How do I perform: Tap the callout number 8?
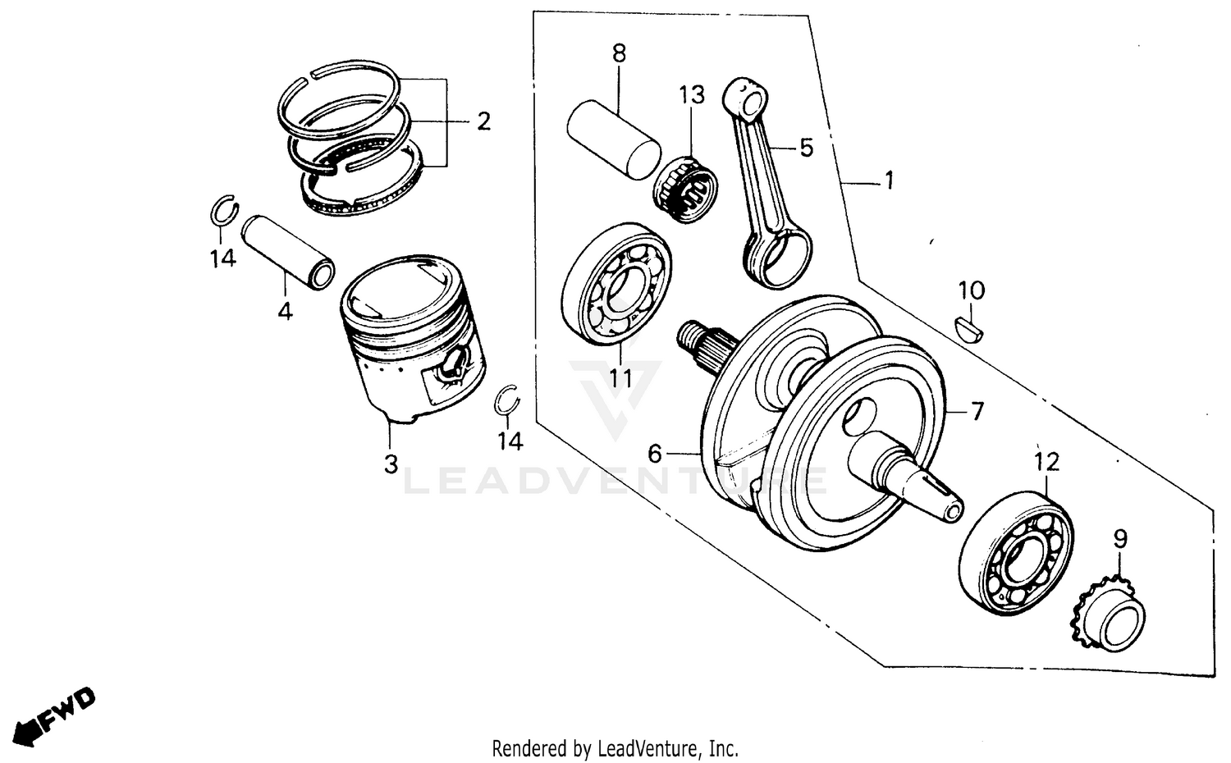click(x=619, y=54)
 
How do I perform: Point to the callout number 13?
click(x=692, y=94)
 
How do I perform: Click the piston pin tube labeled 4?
click(x=287, y=250)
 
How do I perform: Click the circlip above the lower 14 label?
click(x=510, y=400)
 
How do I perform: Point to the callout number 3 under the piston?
click(x=391, y=464)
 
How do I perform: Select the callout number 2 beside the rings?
click(x=483, y=122)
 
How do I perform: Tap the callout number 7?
click(x=977, y=411)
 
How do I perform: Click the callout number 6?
click(x=654, y=453)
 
